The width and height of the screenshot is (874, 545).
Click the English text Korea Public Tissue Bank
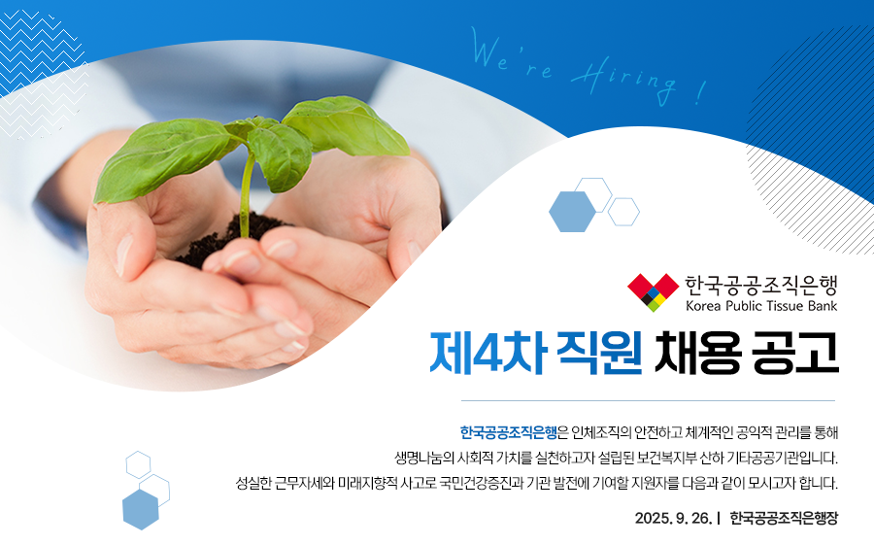[761, 306]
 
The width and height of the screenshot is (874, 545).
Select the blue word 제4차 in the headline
[487, 353]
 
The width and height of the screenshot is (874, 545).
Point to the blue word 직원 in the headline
[600, 353]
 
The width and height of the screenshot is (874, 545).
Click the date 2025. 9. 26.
[673, 518]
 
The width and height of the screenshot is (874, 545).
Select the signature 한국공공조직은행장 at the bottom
[784, 518]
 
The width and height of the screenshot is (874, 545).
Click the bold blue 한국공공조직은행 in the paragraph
[508, 432]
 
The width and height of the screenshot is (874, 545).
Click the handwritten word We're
[511, 54]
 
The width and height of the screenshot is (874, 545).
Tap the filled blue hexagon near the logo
[572, 212]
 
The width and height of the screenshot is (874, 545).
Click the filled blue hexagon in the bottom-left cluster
[141, 509]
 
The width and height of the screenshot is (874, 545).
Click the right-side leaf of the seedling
[347, 126]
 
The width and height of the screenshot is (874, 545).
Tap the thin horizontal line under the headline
[648, 400]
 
